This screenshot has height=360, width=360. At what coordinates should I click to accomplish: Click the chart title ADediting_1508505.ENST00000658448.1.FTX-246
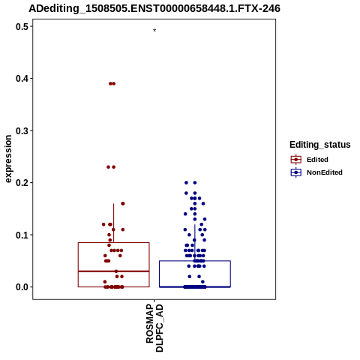154,8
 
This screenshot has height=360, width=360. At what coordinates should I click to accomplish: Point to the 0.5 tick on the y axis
22,26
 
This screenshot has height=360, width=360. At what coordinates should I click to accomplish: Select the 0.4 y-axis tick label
22,79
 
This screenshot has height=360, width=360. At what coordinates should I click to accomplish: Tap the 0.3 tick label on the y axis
22,130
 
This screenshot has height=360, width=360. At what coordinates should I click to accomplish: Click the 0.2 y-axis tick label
22,183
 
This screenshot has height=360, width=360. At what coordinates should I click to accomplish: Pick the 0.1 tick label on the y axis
22,235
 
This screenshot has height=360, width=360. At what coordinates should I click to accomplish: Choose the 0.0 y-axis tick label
22,287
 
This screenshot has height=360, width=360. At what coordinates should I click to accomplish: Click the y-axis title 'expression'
8,159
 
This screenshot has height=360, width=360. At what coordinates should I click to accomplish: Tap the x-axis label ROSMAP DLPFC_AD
154,328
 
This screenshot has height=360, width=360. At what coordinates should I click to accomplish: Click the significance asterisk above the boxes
154,31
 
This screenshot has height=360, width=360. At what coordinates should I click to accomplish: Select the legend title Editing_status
319,145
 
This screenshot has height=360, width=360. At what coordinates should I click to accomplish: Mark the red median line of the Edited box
114,271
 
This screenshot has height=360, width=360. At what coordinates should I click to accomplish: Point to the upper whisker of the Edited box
114,223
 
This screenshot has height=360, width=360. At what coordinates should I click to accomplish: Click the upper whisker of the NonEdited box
195,242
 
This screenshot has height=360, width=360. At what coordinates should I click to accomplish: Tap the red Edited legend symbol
296,160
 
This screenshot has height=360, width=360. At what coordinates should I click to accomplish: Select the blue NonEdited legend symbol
296,172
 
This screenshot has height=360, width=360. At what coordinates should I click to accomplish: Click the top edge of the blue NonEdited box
195,261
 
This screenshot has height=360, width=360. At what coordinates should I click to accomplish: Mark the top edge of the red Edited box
114,242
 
